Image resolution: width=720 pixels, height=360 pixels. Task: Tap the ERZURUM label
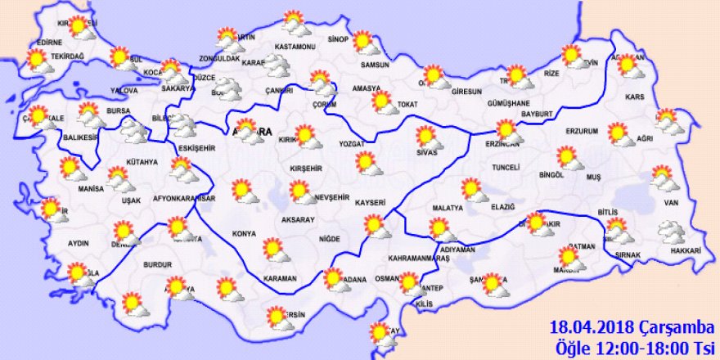point(583,131)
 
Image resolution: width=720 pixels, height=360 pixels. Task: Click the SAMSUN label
point(373,65)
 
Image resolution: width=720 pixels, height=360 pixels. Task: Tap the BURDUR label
point(156,265)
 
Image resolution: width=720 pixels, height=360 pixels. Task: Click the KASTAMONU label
point(295,47)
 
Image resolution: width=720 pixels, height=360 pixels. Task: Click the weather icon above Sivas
point(427,136)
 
